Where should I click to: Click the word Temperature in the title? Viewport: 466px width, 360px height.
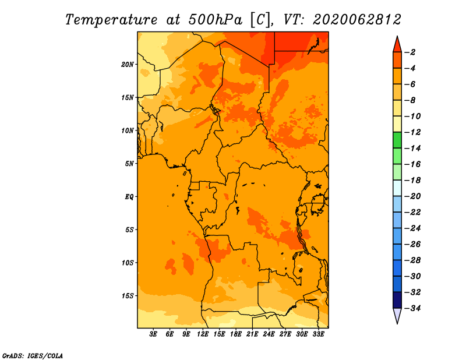pos(111,20)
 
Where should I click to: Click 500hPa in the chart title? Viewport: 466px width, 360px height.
pos(215,20)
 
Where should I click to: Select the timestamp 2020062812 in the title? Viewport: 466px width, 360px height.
pos(357,20)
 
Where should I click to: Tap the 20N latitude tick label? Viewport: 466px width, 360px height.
pos(128,65)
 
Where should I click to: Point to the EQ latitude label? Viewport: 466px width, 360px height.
pos(129,197)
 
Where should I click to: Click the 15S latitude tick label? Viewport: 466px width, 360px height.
pos(128,296)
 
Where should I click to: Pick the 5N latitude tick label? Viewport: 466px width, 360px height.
pos(129,164)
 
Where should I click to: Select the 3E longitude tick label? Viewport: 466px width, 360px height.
pos(153,334)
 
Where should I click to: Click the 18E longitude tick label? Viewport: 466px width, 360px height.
pos(236,334)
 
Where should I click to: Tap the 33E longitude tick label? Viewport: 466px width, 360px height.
pos(318,334)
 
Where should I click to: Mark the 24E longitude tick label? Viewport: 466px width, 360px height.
pos(269,334)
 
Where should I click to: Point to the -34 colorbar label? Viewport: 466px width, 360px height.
pos(413,308)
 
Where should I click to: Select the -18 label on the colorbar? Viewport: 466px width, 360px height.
pos(413,181)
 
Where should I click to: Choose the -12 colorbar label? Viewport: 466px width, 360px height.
pos(413,132)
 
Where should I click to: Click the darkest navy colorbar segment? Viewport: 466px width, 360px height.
pos(397,300)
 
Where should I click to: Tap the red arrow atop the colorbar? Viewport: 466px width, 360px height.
pos(397,44)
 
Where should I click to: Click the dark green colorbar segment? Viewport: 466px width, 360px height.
pos(397,140)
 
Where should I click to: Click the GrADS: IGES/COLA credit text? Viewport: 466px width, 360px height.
pos(33,356)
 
